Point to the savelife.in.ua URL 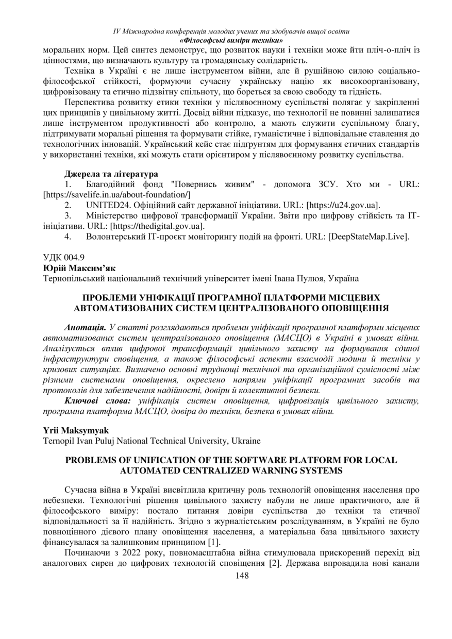[117, 194]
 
